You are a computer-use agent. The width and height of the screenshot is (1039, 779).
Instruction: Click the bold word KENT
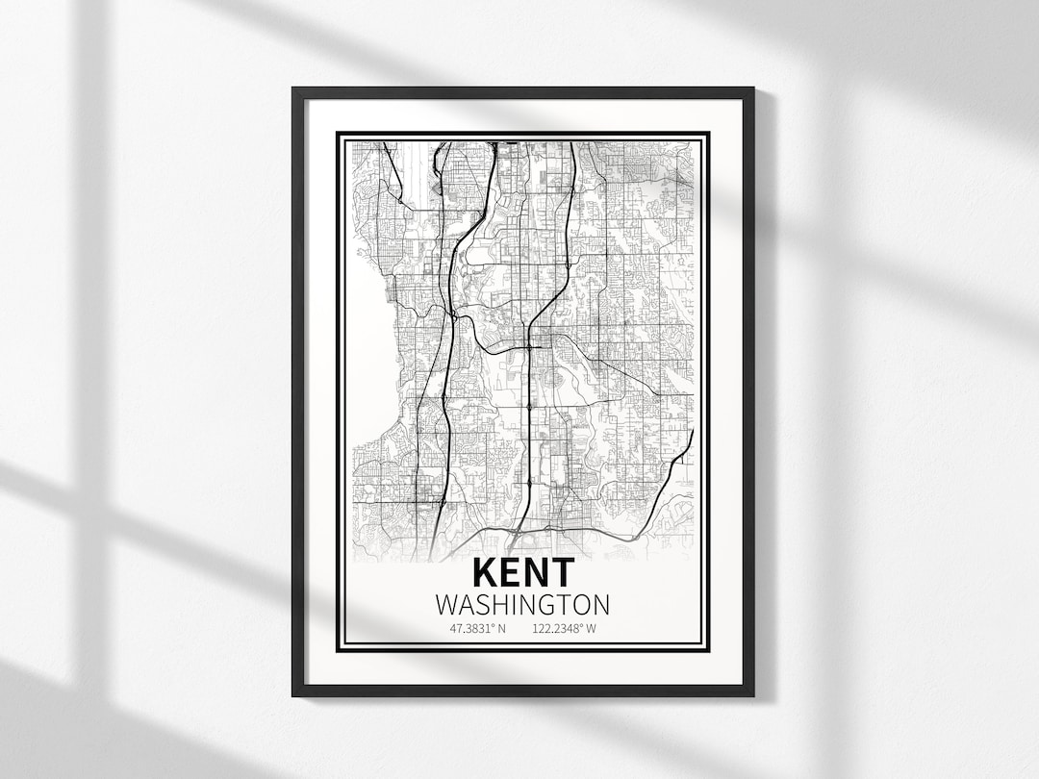pyautogui.click(x=523, y=572)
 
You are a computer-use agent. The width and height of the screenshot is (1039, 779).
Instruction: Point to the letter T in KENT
pyautogui.click(x=561, y=572)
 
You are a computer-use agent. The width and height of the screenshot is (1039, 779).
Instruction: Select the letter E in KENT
pyautogui.click(x=511, y=572)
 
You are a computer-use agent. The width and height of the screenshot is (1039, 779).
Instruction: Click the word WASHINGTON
pyautogui.click(x=522, y=605)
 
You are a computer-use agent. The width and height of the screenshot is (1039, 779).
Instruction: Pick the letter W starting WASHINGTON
pyautogui.click(x=446, y=605)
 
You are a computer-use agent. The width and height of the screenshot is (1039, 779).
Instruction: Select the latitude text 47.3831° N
pyautogui.click(x=477, y=629)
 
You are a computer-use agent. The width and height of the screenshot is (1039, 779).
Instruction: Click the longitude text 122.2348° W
pyautogui.click(x=564, y=629)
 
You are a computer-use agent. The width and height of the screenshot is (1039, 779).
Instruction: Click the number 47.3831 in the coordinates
pyautogui.click(x=471, y=629)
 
